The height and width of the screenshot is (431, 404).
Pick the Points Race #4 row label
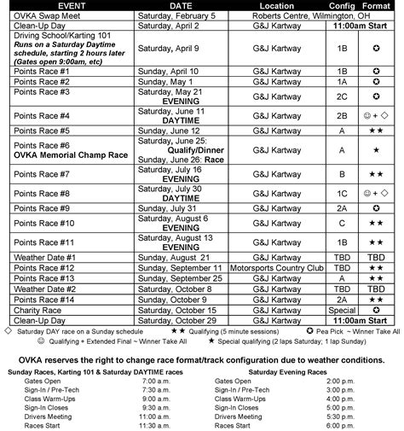point(41,114)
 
